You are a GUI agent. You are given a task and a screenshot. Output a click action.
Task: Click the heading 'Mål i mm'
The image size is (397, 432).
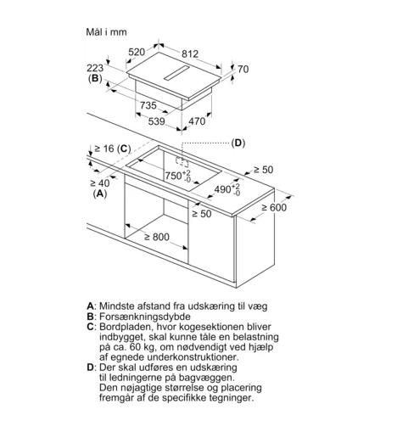(x=106, y=32)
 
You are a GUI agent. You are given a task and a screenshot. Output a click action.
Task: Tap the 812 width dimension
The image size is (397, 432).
(x=190, y=53)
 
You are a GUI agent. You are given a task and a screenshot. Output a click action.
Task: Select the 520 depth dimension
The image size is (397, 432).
(x=137, y=52)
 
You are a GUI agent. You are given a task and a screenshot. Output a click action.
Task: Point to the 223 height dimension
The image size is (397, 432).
(x=95, y=68)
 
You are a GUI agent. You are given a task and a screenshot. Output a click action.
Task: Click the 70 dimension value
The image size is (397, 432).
(x=243, y=69)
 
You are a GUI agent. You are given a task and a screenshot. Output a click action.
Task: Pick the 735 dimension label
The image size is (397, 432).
(x=148, y=105)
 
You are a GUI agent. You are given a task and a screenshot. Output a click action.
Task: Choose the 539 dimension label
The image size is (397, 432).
(x=157, y=121)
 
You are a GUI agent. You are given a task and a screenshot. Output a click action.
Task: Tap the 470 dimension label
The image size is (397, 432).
(x=197, y=121)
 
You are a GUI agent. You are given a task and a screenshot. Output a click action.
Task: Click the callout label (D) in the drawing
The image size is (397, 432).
(x=238, y=143)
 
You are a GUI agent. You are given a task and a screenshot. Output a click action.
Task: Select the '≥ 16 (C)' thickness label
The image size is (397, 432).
(x=113, y=149)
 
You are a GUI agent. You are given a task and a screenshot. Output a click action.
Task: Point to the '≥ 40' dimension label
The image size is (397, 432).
(x=100, y=183)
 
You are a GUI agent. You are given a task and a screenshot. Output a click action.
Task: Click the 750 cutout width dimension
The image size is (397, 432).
(x=178, y=176)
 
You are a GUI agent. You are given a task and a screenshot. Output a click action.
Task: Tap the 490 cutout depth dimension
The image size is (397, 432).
(x=227, y=189)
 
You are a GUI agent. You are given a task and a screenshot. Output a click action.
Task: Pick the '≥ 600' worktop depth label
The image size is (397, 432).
(x=274, y=207)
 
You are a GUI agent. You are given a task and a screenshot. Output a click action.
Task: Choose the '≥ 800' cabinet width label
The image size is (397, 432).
(x=157, y=237)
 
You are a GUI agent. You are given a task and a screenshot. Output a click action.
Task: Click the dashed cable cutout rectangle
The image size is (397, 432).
(x=182, y=162)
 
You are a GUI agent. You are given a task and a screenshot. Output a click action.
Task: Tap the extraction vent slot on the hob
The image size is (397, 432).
(x=176, y=73)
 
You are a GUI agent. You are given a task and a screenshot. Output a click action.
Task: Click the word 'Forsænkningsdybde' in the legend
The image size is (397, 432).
(x=145, y=317)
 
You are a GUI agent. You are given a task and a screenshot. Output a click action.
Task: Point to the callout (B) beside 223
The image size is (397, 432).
(x=95, y=78)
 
